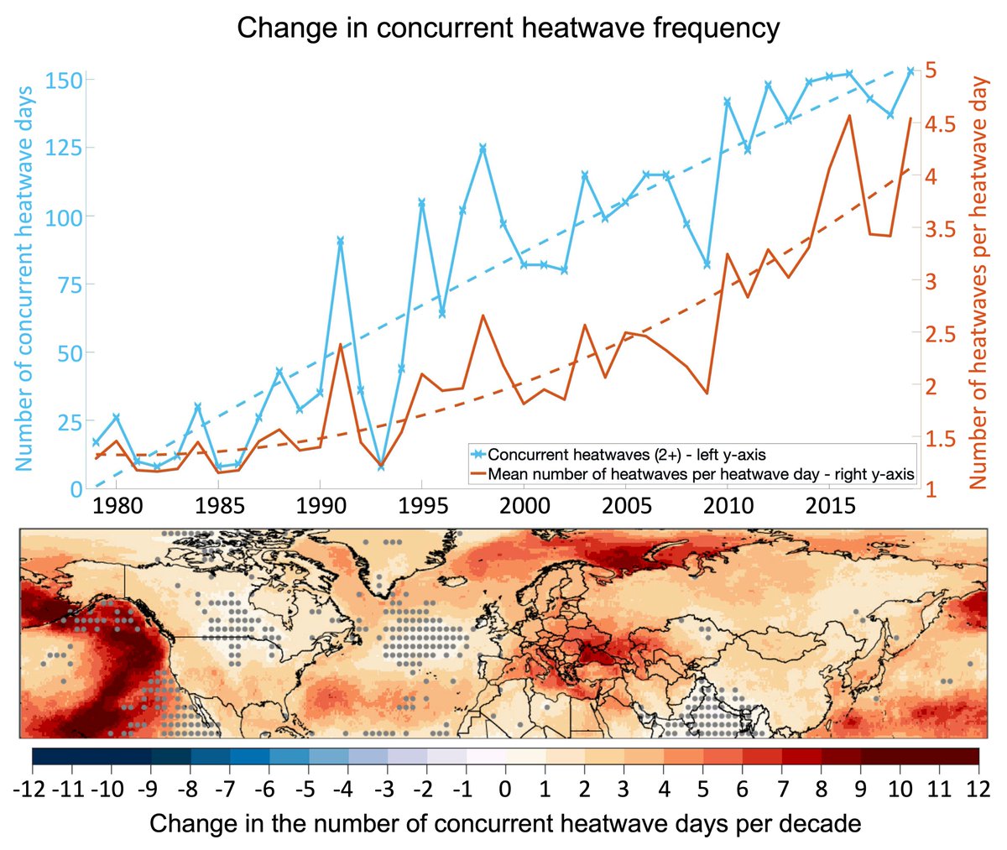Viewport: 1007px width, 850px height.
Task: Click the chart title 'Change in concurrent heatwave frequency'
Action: coord(508,28)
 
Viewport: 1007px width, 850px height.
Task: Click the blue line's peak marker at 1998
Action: coord(483,148)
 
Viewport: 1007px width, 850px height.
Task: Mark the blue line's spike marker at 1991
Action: coord(340,241)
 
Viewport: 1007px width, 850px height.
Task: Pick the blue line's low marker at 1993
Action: coord(381,467)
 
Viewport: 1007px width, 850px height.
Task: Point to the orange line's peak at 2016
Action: coord(850,116)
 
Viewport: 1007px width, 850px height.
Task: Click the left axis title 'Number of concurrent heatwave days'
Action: coord(23,277)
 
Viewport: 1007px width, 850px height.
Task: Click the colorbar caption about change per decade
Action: coord(505,824)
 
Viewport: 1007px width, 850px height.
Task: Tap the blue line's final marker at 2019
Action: coord(910,71)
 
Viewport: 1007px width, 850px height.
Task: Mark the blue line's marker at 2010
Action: coord(727,102)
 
